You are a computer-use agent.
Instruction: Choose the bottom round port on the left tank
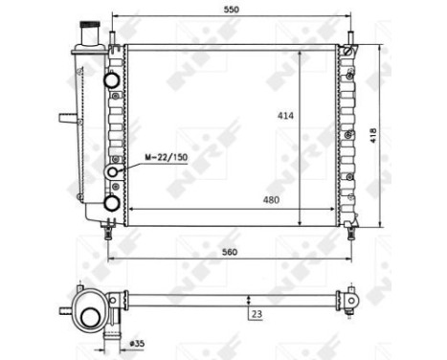[x=111, y=203]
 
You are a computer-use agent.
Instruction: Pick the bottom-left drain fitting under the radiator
[x=107, y=230]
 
